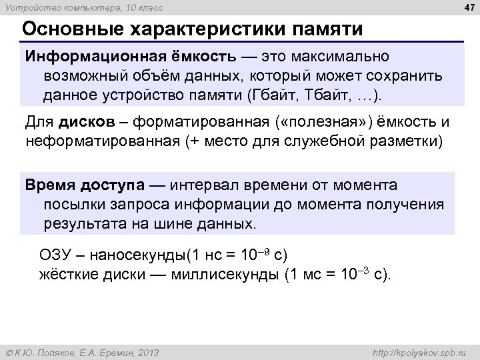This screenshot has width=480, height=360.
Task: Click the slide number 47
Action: (465, 7)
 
